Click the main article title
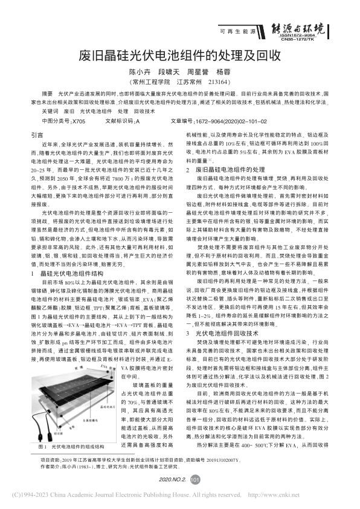179,56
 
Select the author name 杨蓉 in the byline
223,71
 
